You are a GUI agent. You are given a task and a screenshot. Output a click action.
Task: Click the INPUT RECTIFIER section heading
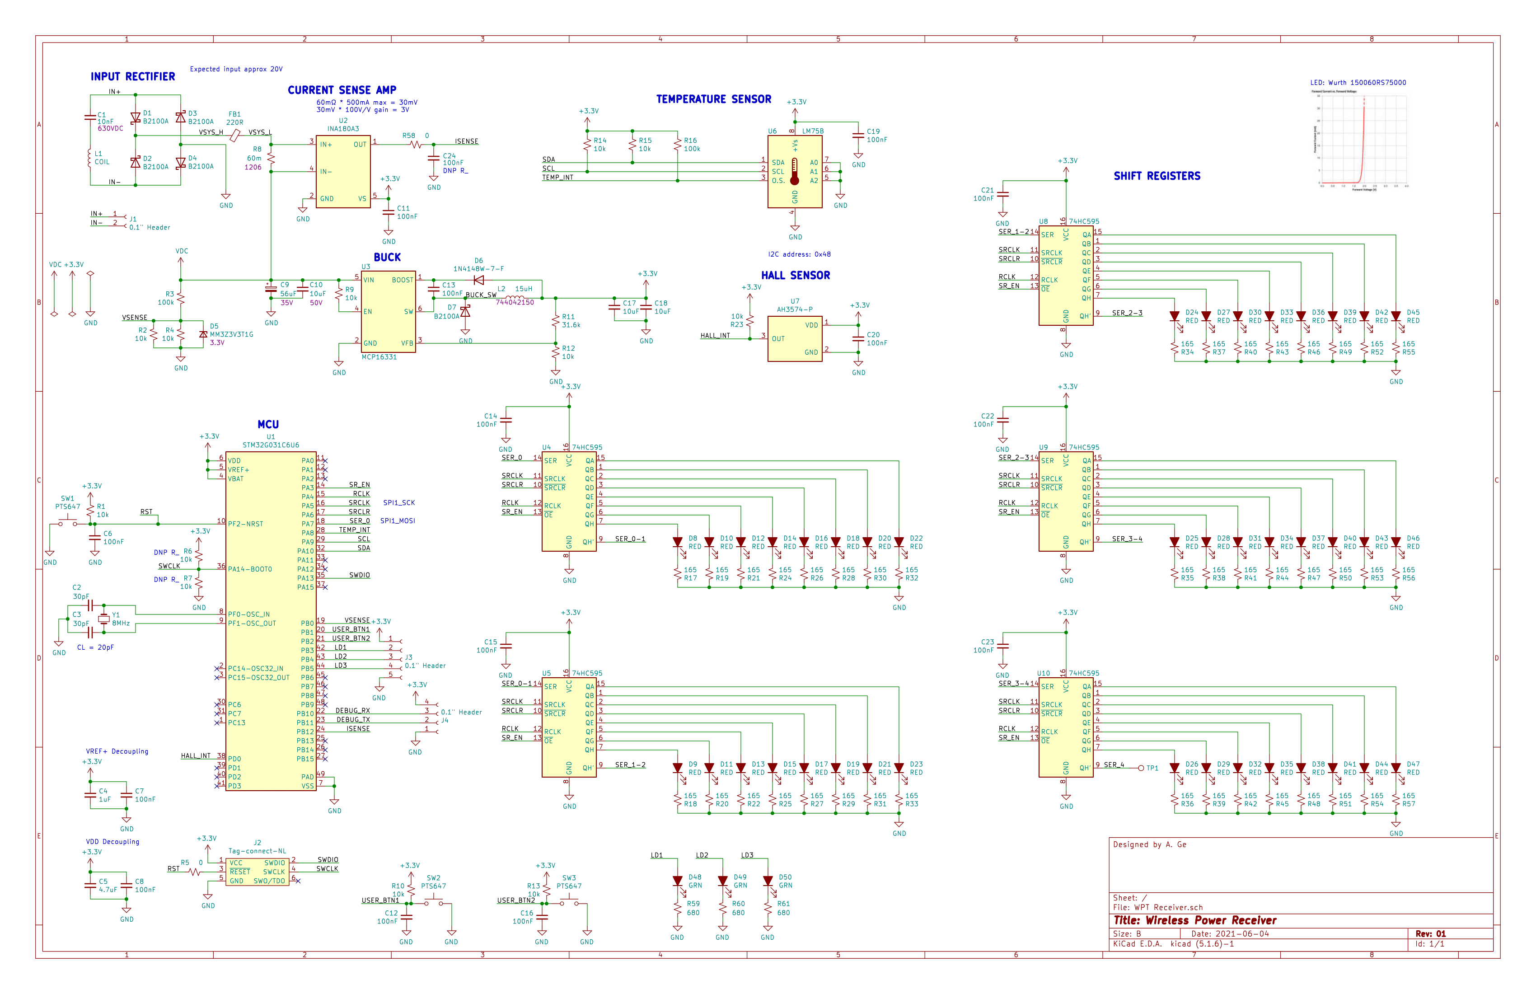click(132, 76)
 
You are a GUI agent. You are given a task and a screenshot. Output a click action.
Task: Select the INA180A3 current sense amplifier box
click(343, 171)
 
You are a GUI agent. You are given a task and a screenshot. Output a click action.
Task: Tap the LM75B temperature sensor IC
click(795, 171)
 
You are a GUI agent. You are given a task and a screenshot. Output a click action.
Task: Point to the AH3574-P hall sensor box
click(795, 338)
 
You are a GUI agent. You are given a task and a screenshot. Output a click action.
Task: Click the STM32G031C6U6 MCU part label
click(271, 445)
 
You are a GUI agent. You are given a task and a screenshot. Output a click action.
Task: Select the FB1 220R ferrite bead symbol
click(235, 135)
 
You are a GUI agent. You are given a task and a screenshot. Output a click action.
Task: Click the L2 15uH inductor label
click(515, 289)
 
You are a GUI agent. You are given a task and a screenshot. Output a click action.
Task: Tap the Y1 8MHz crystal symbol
click(104, 619)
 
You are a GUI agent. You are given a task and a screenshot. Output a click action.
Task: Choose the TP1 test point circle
click(1141, 768)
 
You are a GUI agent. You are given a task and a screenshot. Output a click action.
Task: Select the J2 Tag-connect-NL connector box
click(257, 872)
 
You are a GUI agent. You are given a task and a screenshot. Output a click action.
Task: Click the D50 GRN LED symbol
click(768, 881)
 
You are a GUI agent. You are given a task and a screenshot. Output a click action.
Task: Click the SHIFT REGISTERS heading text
click(1157, 176)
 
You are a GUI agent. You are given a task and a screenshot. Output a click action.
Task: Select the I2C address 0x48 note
click(799, 254)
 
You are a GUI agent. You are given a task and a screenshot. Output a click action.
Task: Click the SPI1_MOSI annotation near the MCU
click(397, 521)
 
